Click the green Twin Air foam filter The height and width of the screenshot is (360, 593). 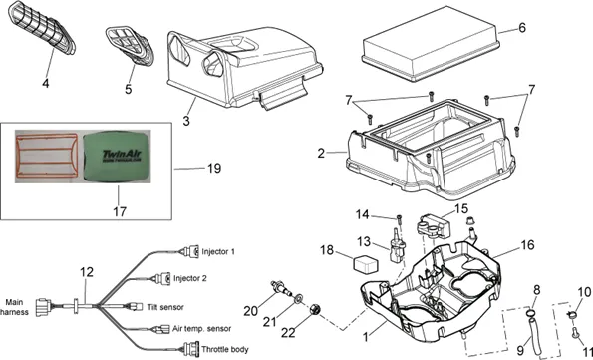(x=116, y=156)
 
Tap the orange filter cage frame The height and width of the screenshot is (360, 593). (x=46, y=134)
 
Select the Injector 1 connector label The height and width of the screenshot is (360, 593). (x=218, y=251)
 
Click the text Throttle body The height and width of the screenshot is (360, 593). (x=225, y=349)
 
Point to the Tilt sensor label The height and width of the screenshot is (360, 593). (x=165, y=307)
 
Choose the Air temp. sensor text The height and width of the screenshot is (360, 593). (x=201, y=328)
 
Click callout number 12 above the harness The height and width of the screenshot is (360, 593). (x=87, y=272)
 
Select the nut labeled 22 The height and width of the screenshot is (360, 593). (x=315, y=309)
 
